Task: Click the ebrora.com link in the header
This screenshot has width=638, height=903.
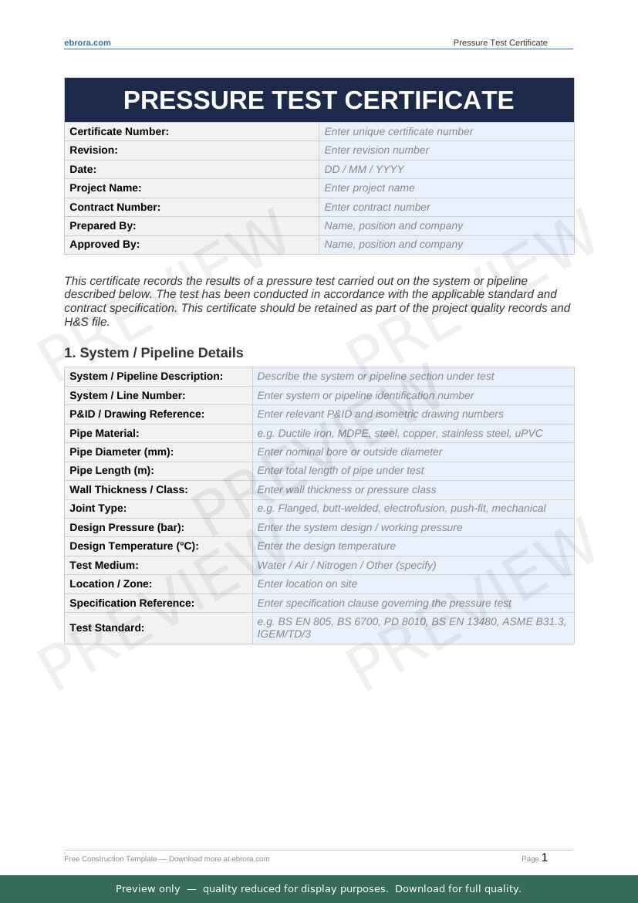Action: click(87, 42)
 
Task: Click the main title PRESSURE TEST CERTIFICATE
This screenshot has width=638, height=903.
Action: click(319, 100)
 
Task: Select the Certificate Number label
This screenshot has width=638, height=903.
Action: click(119, 131)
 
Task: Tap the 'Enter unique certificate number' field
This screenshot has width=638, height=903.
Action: click(399, 131)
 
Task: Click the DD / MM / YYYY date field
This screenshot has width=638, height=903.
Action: click(364, 169)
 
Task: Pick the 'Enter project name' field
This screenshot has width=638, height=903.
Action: click(370, 188)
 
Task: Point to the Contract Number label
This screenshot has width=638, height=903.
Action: click(115, 207)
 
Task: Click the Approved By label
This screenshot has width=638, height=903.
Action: click(104, 244)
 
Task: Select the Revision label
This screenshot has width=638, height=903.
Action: click(93, 150)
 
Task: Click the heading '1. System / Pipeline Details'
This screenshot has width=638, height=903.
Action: click(154, 353)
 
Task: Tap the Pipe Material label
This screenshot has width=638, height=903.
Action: click(104, 433)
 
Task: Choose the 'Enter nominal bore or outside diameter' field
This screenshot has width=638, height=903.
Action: click(349, 451)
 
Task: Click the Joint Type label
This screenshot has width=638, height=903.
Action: click(98, 508)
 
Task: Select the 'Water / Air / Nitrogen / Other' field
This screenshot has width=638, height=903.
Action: click(346, 565)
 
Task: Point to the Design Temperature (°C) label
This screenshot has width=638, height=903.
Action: click(134, 546)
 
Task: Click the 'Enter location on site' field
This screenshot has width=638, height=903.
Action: click(307, 583)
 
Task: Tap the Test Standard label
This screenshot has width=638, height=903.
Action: click(106, 627)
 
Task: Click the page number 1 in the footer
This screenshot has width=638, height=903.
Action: click(545, 857)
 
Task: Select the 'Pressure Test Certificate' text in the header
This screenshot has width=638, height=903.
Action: click(500, 42)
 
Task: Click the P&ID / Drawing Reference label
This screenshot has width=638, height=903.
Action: click(137, 414)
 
